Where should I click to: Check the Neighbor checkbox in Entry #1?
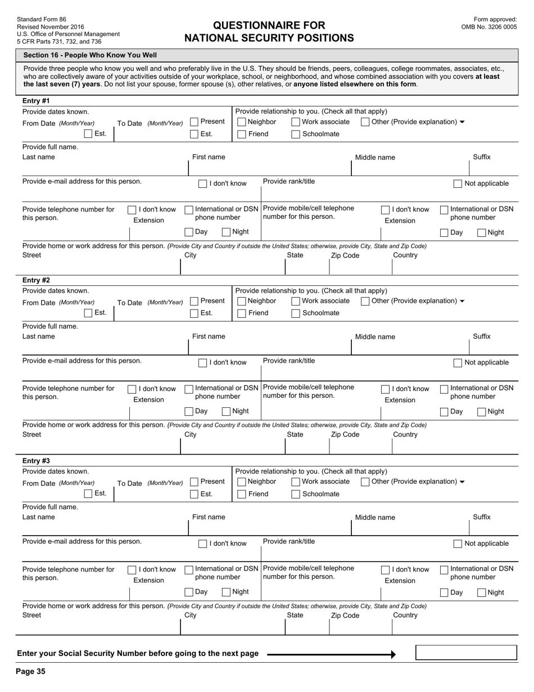pyautogui.click(x=242, y=122)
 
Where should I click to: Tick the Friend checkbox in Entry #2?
pyautogui.click(x=242, y=313)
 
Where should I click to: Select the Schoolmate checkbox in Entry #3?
pyautogui.click(x=296, y=495)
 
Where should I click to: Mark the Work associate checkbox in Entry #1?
pyautogui.click(x=296, y=122)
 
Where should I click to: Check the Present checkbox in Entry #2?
pyautogui.click(x=194, y=302)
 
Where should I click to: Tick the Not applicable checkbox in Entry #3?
pyautogui.click(x=458, y=544)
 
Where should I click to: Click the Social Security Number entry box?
pyautogui.click(x=466, y=653)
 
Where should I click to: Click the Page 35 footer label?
pyautogui.click(x=30, y=671)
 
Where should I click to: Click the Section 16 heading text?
pyautogui.click(x=90, y=55)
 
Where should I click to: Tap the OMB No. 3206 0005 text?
pyautogui.click(x=489, y=26)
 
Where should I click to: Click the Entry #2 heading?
pyautogui.click(x=36, y=280)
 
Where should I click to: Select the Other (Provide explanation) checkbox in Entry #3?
pyautogui.click(x=365, y=482)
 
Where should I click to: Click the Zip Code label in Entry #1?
pyautogui.click(x=345, y=255)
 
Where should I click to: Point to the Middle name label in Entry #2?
pyautogui.click(x=374, y=337)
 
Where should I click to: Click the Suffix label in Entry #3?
pyautogui.click(x=481, y=517)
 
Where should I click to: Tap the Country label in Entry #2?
pyautogui.click(x=405, y=435)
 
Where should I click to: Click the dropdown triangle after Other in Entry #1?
pyautogui.click(x=462, y=122)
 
